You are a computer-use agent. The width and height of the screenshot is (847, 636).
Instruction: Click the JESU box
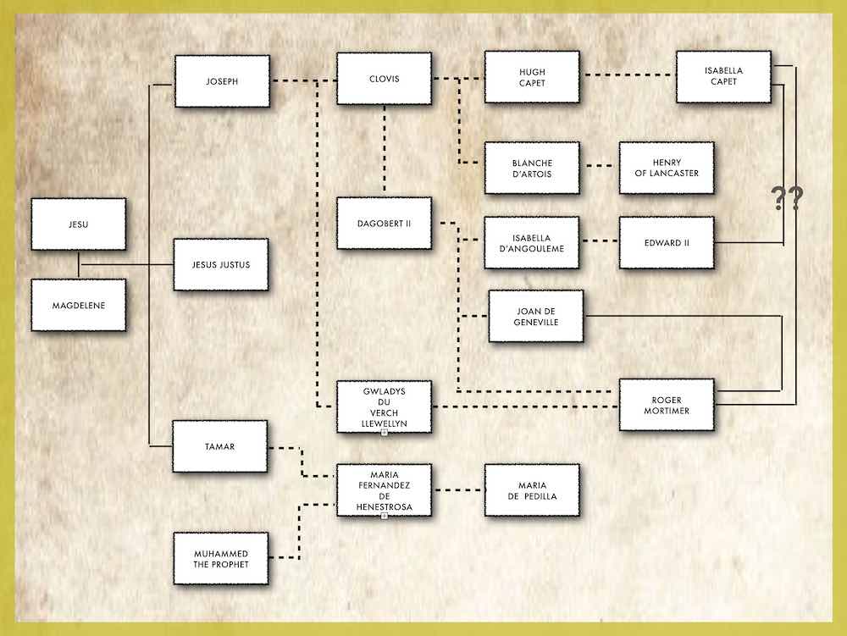tap(78, 224)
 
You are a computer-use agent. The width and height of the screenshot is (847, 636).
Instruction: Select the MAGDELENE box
tap(78, 304)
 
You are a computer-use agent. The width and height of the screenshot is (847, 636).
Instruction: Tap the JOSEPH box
tap(221, 81)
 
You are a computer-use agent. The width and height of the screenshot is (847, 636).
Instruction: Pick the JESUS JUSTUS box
tap(221, 264)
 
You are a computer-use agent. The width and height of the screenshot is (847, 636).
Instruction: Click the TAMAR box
tap(221, 445)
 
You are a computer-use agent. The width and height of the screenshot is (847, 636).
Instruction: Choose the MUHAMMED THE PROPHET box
tap(221, 557)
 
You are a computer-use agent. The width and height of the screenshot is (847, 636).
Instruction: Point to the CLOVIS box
tap(384, 79)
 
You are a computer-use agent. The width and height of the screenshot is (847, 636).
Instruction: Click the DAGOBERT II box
tap(384, 223)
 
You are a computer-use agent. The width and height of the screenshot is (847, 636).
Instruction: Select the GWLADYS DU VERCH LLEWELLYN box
tap(384, 406)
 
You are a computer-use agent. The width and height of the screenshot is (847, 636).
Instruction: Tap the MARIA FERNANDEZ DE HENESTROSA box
tap(384, 490)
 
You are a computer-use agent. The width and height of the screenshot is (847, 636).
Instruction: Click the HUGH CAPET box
tap(532, 77)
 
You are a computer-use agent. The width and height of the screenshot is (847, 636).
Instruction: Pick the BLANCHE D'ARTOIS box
tap(532, 168)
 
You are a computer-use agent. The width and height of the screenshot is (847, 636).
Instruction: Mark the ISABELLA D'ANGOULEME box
tap(532, 242)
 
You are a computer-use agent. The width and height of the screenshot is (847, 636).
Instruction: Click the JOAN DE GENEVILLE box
tap(536, 316)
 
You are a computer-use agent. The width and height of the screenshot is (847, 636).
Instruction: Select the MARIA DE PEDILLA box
tap(532, 489)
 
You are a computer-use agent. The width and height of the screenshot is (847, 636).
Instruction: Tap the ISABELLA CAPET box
tap(722, 76)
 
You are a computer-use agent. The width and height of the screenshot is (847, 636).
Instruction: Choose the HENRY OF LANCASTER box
tap(666, 168)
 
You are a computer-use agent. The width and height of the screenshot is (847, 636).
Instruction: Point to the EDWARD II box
tap(666, 242)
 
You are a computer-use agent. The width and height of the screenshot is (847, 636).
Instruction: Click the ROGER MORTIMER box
tap(667, 405)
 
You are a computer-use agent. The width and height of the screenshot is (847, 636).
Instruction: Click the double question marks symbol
tap(786, 199)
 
